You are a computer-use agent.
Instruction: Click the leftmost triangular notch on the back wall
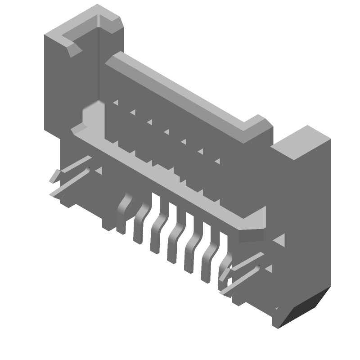[x=116, y=103]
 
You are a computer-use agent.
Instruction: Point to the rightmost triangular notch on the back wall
[x=217, y=161]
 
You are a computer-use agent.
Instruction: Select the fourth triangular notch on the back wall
[x=166, y=131]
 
